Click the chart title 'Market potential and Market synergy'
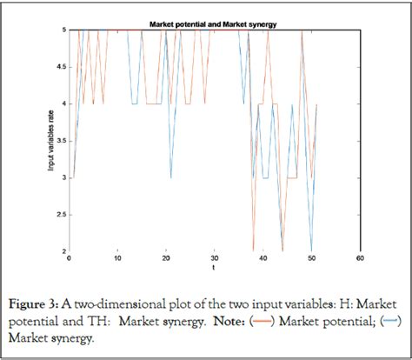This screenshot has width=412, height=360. [213, 23]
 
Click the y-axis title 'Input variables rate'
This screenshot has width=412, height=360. [51, 141]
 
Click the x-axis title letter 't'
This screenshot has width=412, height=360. [213, 269]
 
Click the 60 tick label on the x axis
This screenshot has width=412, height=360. [359, 259]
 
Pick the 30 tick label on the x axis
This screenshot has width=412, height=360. [213, 259]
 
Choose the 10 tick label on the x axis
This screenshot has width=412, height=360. [116, 259]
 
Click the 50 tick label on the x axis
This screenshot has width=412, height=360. [310, 259]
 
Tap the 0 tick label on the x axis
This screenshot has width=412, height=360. [68, 259]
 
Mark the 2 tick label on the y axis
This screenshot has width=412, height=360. [61, 251]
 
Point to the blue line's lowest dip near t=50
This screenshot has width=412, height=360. [311, 250]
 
